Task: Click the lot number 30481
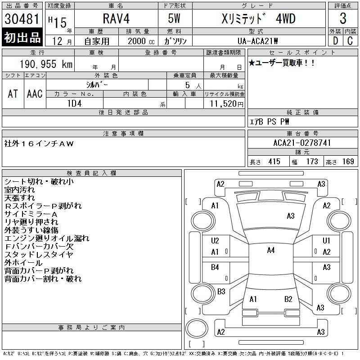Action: point(22,19)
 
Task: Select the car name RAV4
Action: point(116,18)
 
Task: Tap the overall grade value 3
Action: point(343,18)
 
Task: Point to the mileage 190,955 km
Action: point(46,64)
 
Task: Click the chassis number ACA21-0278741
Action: point(302,143)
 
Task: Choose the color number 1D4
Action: point(74,103)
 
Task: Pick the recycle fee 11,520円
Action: point(226,103)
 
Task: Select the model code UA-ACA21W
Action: point(257,41)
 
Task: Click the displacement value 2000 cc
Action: point(141,41)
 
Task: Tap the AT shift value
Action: point(13,94)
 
